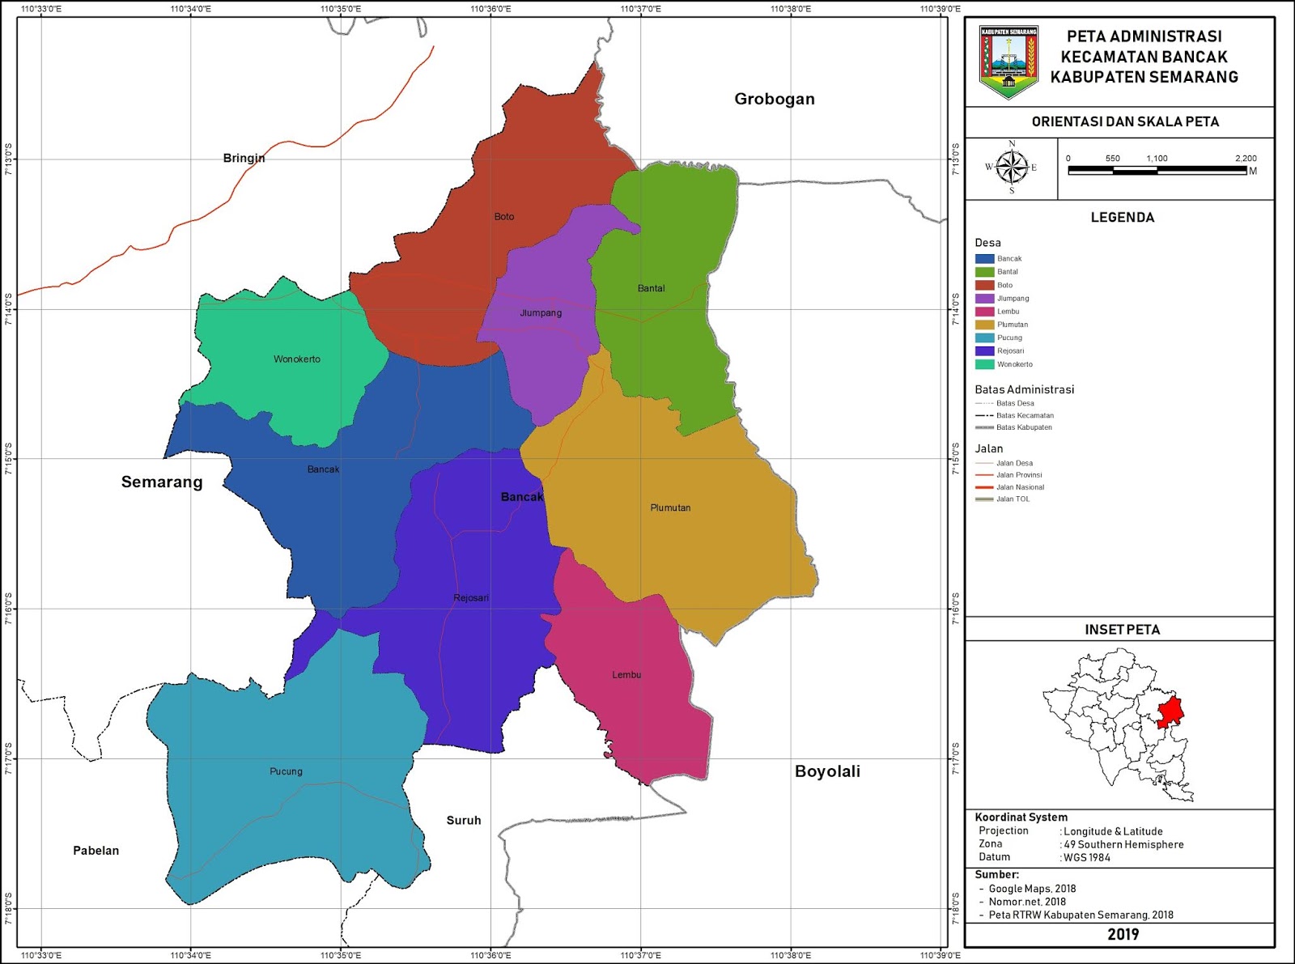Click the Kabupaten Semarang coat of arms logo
point(1008,61)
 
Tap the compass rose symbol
point(1011,168)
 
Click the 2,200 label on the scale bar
point(1246,159)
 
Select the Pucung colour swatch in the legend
point(984,338)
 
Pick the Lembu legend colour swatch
point(984,312)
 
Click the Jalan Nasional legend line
point(984,487)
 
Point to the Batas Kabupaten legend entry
point(1014,427)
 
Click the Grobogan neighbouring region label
point(774,99)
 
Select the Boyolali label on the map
point(827,771)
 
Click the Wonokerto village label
point(296,359)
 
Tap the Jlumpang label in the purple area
point(541,313)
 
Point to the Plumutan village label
point(670,508)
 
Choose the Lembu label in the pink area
point(626,675)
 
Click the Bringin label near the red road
point(244,158)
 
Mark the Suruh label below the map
point(464,821)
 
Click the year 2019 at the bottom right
point(1123,935)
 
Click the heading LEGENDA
point(1122,217)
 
